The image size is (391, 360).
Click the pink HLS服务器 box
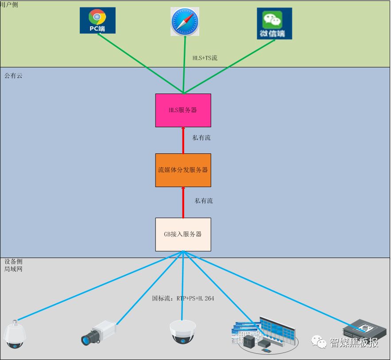point(183,110)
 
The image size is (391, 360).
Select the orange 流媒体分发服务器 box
point(183,170)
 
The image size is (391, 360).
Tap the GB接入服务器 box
point(183,234)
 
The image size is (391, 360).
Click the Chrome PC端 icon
point(97,20)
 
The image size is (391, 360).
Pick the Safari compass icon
point(185,21)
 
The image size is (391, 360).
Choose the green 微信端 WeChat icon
point(274,23)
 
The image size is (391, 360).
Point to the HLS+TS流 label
point(205,58)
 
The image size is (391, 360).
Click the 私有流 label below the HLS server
point(201,138)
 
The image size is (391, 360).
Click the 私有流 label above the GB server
point(204,201)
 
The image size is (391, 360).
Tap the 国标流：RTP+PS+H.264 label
point(183,298)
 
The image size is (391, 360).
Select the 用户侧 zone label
point(10,4)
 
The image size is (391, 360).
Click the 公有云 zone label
point(13,76)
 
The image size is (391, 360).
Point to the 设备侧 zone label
point(13,262)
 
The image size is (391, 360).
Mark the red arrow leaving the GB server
point(183,202)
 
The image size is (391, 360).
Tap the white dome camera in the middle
point(182,332)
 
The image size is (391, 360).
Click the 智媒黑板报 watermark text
point(354,342)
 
